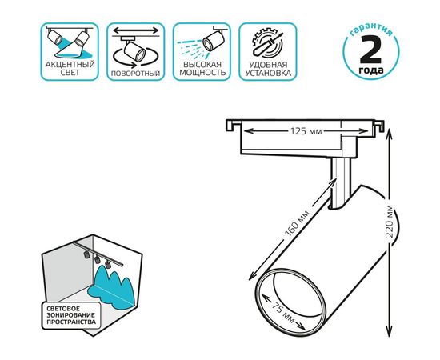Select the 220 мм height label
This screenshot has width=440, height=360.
(390, 222)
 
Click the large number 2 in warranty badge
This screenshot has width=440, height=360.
(370, 50)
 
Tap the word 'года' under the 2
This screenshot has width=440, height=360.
(370, 70)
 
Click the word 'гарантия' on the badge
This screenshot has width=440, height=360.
(370, 30)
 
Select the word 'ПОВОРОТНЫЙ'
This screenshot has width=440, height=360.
(135, 74)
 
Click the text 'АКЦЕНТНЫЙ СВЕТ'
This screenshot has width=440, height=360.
(70, 69)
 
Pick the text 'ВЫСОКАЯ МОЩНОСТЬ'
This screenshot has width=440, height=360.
(202, 69)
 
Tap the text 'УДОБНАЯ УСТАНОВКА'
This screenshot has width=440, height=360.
(268, 69)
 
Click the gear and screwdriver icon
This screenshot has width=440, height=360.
(267, 42)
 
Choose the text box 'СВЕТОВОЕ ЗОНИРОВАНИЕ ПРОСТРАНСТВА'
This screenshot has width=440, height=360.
(71, 315)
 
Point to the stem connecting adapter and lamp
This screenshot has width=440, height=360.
(340, 183)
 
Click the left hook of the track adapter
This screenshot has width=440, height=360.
(232, 125)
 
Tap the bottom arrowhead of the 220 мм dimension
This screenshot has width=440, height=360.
(389, 331)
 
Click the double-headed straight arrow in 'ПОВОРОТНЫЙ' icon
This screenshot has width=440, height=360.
(136, 30)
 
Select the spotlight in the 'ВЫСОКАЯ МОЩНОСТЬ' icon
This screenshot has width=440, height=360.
(214, 40)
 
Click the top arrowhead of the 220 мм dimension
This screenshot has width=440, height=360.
(389, 134)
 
